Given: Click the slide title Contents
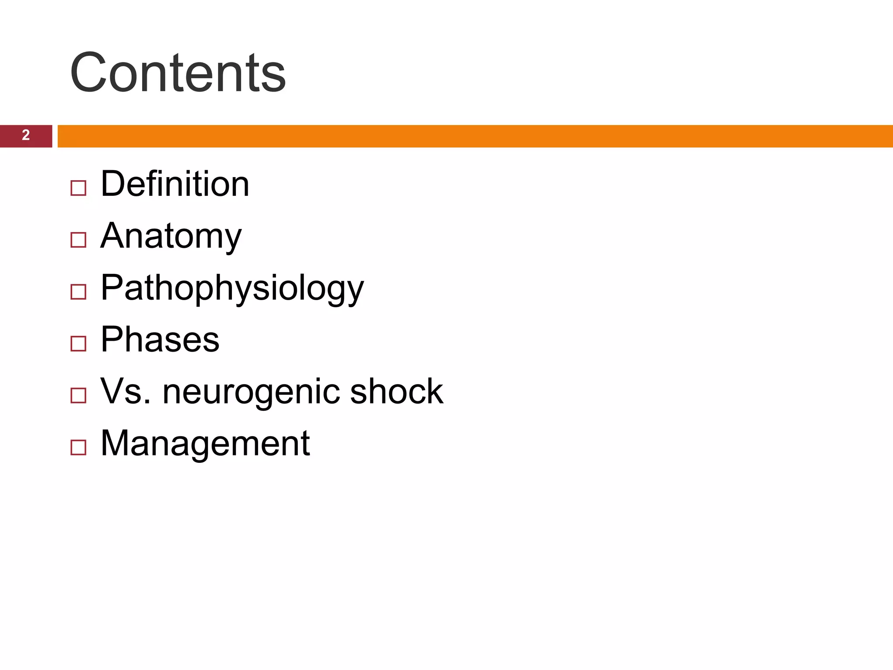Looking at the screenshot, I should tap(177, 72).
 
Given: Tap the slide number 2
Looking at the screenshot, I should tap(26, 135).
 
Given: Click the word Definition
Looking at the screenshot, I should tap(175, 184).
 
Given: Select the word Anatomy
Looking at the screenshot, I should tap(171, 236).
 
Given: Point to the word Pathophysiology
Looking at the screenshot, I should tap(232, 288).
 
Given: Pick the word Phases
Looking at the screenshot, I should tap(160, 339).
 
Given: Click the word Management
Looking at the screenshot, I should tap(205, 443).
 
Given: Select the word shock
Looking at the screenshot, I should tap(396, 391).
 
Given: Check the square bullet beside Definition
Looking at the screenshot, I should tap(78, 188).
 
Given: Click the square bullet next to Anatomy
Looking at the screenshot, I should tap(78, 240).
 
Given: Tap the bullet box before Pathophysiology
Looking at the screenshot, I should tap(78, 292).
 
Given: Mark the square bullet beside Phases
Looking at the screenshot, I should tap(78, 344).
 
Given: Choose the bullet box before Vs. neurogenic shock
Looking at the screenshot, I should tap(78, 396).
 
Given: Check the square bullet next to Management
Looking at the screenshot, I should tap(78, 448).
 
